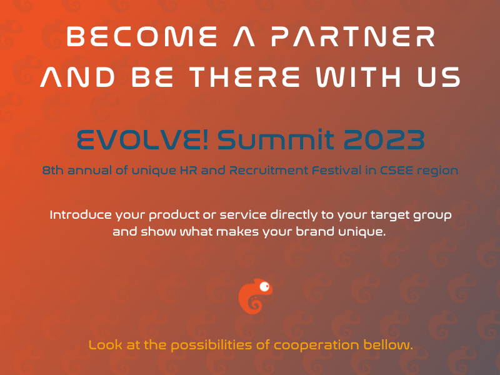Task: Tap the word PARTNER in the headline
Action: [x=353, y=36]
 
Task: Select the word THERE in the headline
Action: [x=244, y=77]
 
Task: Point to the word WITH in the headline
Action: [x=358, y=77]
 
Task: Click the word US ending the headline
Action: [x=439, y=77]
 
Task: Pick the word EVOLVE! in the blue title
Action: [x=142, y=139]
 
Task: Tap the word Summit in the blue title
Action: [x=276, y=139]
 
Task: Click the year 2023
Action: [x=384, y=139]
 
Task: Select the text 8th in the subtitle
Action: [x=53, y=170]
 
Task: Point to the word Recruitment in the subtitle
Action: [x=268, y=170]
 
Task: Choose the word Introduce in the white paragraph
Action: [x=81, y=214]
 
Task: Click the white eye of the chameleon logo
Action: [x=264, y=287]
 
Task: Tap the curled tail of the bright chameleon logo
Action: [x=255, y=304]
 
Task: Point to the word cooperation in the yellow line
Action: [x=317, y=346]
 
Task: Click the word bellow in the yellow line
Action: [x=386, y=346]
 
